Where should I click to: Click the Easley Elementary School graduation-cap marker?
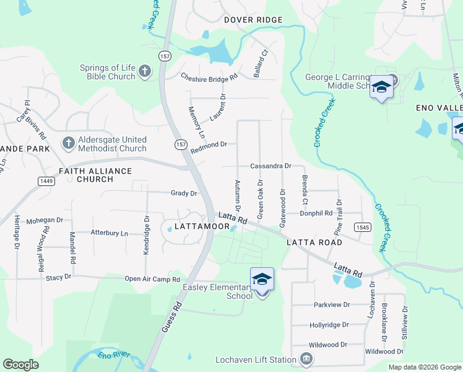[262, 280]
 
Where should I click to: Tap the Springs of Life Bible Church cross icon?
[145, 72]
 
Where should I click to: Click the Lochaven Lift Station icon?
[306, 360]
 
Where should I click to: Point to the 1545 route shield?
[363, 228]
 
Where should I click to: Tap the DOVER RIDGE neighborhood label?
[253, 20]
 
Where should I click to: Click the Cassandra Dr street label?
[270, 166]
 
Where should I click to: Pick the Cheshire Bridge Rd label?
[209, 77]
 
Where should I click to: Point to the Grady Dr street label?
[184, 193]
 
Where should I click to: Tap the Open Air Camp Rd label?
[152, 279]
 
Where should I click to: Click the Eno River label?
[115, 356]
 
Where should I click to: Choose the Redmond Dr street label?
[209, 144]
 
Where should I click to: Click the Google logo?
[20, 365]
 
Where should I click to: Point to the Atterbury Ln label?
[109, 233]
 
